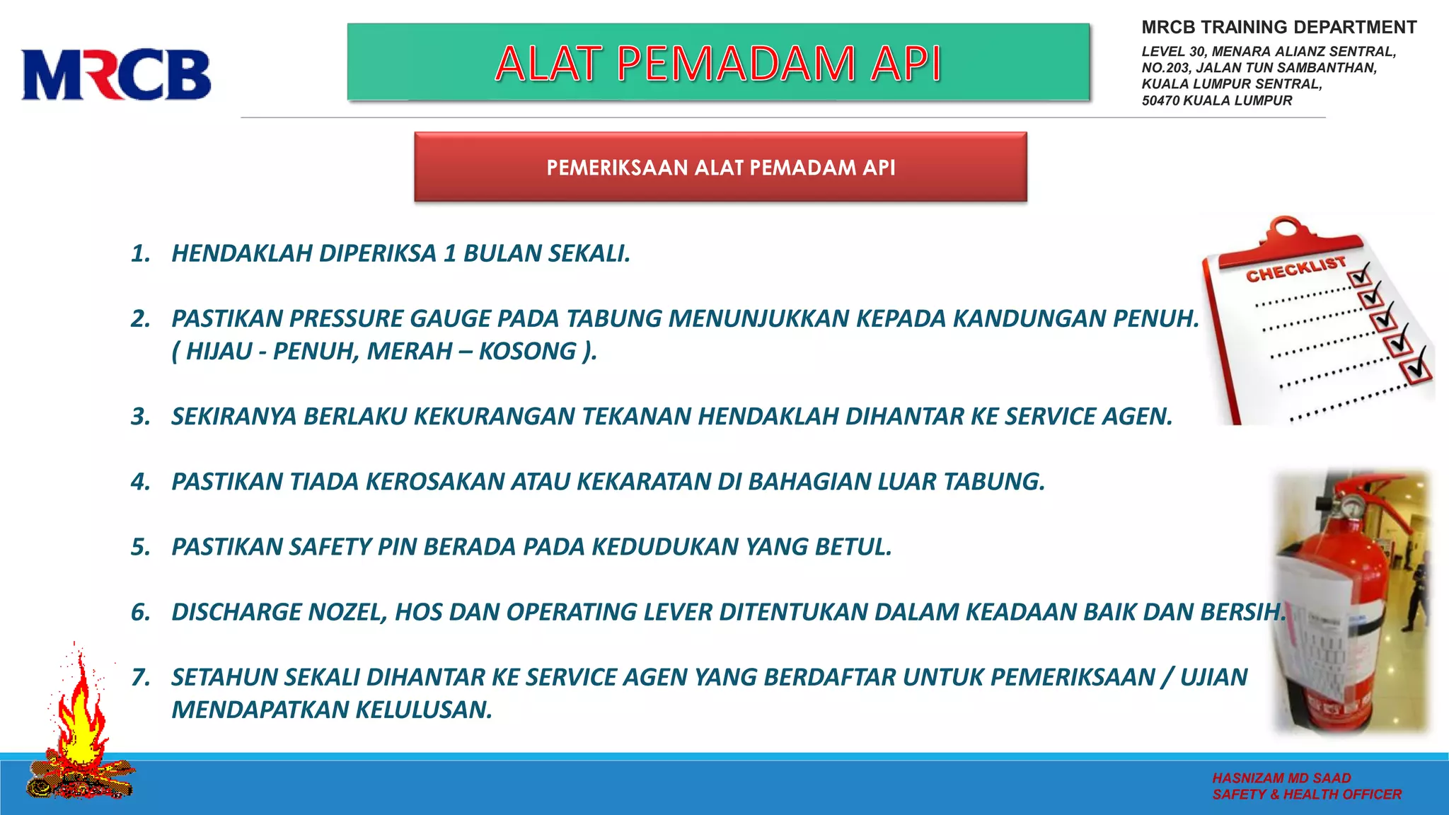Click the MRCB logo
[x=116, y=74]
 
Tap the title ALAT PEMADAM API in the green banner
[x=717, y=64]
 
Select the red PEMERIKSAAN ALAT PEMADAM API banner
[x=720, y=168]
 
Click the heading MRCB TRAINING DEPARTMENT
[x=1278, y=28]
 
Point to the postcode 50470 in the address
[x=1161, y=100]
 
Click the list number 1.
[x=140, y=253]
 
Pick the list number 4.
[x=140, y=482]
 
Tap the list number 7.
[x=140, y=678]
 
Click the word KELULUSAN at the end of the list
[x=423, y=710]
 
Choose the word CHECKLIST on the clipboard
[x=1295, y=270]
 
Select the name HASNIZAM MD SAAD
[x=1281, y=778]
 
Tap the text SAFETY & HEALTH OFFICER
[x=1307, y=794]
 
